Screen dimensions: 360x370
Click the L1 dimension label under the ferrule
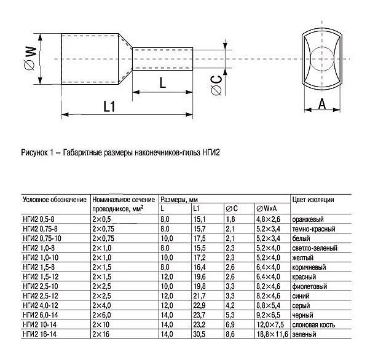click(109, 106)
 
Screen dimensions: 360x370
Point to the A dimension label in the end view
click(321, 105)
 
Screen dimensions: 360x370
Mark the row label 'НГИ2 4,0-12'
click(41, 305)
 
